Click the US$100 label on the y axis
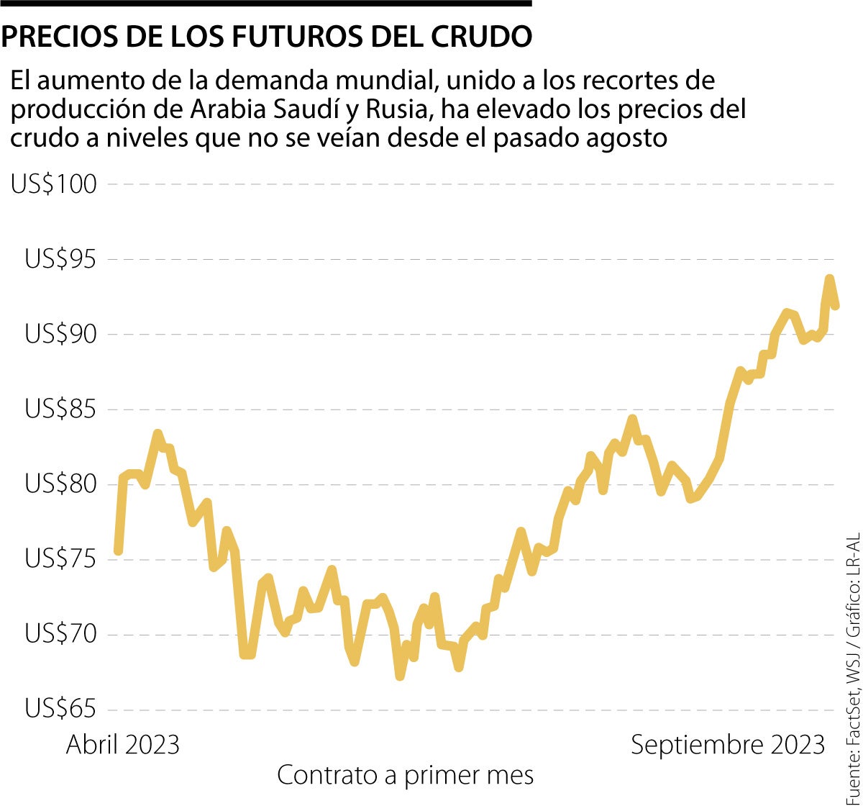pos(53,184)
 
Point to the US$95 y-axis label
pos(60,259)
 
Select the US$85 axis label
pos(60,409)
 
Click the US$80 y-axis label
pos(60,484)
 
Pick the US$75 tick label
pos(60,559)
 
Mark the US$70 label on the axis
pos(60,635)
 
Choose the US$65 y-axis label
pos(60,710)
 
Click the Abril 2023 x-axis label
pos(122,745)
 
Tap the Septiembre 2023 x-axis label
pos(728,745)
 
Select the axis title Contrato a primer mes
pos(406,775)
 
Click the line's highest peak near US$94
pos(829,279)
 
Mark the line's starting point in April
pos(118,551)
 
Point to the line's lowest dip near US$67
pos(400,676)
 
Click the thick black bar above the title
pos(266,4)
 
